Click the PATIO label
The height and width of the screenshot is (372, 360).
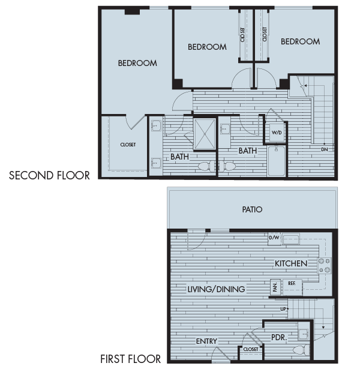pyautogui.click(x=252, y=210)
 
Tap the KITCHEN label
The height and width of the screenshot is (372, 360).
pyautogui.click(x=291, y=263)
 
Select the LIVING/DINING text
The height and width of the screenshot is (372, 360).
pyautogui.click(x=216, y=289)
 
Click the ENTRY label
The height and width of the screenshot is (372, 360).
pyautogui.click(x=206, y=341)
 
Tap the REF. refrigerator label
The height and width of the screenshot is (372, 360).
pyautogui.click(x=292, y=283)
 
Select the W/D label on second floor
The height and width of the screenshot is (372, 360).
pyautogui.click(x=277, y=132)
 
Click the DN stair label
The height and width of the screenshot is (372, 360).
pyautogui.click(x=324, y=149)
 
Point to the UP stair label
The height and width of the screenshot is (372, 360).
pyautogui.click(x=283, y=309)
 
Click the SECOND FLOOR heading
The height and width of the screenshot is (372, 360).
pyautogui.click(x=49, y=176)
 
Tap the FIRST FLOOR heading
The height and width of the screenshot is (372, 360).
pyautogui.click(x=131, y=359)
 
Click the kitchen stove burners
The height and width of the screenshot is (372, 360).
pyautogui.click(x=325, y=265)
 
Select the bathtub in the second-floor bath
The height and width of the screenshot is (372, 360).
pyautogui.click(x=277, y=160)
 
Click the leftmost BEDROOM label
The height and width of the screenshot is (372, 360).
pyautogui.click(x=137, y=63)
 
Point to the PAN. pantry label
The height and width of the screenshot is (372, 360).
pyautogui.click(x=275, y=287)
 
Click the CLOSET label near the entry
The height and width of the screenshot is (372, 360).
pyautogui.click(x=251, y=349)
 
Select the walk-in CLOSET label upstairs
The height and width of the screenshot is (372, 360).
pyautogui.click(x=128, y=145)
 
